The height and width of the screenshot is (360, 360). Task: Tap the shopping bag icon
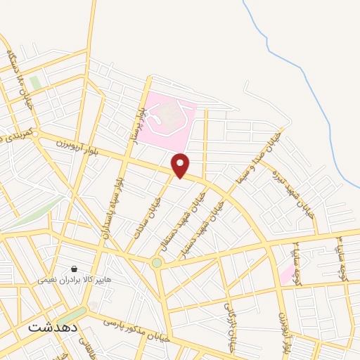[75, 269]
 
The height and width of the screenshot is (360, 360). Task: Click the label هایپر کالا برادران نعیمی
[75, 279]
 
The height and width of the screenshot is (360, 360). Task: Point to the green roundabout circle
[156, 263]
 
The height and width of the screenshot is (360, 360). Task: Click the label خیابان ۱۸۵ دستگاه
[20, 77]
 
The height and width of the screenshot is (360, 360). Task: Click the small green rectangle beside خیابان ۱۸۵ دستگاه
[35, 83]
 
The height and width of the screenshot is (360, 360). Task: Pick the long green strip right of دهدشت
[72, 315]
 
